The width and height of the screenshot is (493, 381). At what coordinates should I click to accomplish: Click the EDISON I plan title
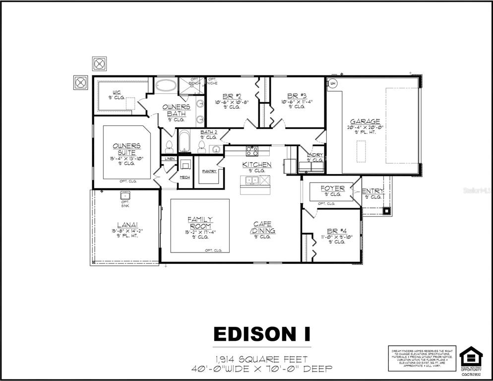[x=262, y=334]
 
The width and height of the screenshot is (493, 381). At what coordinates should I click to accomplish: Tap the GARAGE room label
[x=365, y=122]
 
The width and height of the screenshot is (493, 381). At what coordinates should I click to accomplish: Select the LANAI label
[x=125, y=224]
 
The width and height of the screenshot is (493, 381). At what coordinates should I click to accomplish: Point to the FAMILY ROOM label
[x=200, y=223]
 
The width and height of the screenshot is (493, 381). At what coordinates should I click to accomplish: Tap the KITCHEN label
[x=256, y=164]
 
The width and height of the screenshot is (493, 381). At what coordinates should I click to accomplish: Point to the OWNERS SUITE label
[x=126, y=149]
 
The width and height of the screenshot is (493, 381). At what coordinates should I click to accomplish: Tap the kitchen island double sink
[x=252, y=180]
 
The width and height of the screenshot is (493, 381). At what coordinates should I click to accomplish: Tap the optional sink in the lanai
[x=125, y=196]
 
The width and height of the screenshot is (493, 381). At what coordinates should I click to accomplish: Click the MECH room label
[x=185, y=177]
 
